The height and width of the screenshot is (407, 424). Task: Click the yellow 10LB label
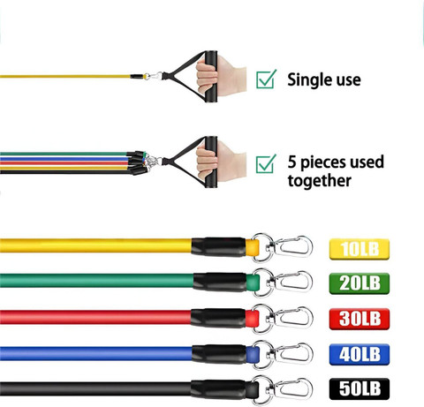(x=360, y=249)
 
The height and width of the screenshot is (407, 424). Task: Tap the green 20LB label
(x=360, y=283)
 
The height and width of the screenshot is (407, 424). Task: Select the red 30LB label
(x=360, y=319)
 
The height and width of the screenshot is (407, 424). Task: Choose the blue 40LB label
(x=360, y=354)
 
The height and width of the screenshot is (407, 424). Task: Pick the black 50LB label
(x=360, y=389)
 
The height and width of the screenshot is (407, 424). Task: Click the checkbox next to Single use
(x=266, y=79)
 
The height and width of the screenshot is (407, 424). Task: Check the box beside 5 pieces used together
(x=266, y=164)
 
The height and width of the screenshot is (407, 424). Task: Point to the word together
(x=320, y=181)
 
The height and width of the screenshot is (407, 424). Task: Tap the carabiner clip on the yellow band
(x=292, y=246)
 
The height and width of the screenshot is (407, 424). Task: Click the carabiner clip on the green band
(x=292, y=282)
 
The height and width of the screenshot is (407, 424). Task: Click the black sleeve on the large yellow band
(x=218, y=246)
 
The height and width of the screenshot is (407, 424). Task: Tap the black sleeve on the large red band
(x=218, y=318)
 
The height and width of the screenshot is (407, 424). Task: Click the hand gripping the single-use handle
(x=221, y=76)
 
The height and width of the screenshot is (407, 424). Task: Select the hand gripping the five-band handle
(x=221, y=161)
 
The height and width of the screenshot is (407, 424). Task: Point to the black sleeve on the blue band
(x=219, y=354)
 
